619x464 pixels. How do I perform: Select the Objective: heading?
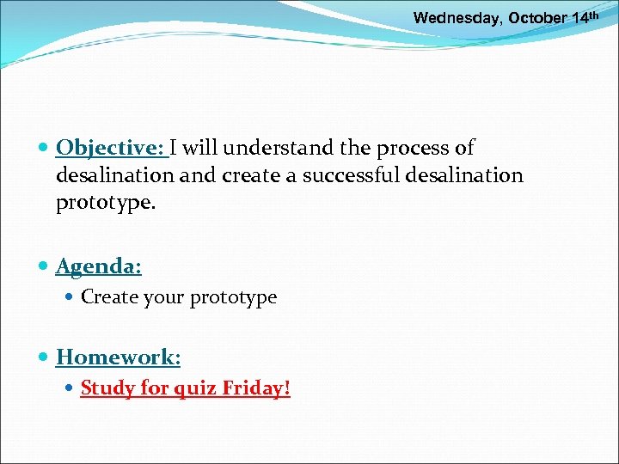(111, 148)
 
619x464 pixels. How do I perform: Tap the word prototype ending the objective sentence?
(95, 203)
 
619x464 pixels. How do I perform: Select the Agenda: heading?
(99, 266)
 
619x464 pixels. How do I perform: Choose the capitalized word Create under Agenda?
(109, 297)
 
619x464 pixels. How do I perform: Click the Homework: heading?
(119, 356)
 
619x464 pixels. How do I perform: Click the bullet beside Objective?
(44, 149)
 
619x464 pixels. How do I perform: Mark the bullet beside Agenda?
(44, 267)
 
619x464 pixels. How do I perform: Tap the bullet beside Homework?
(44, 357)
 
